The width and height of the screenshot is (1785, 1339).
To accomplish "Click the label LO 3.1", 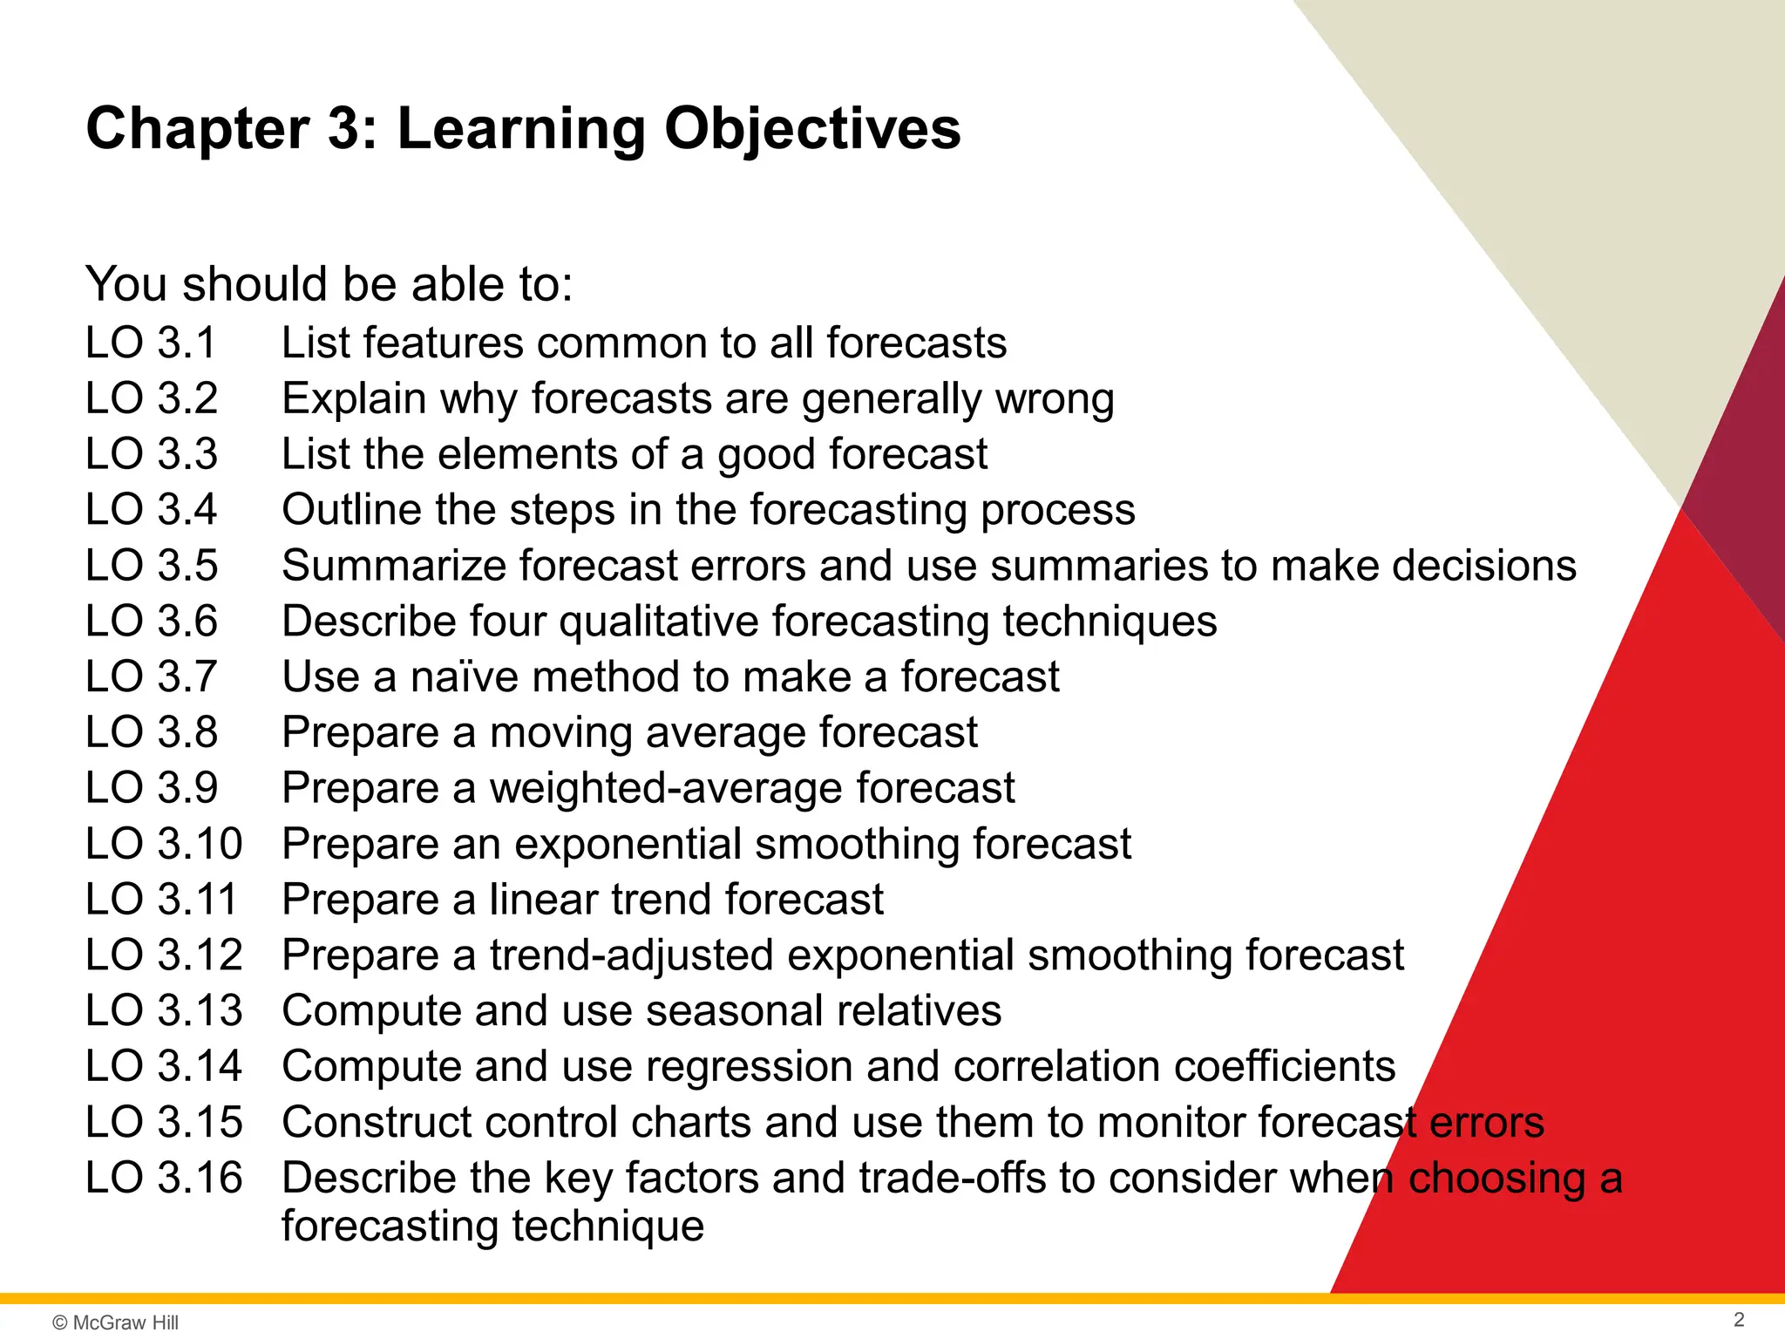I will click(151, 343).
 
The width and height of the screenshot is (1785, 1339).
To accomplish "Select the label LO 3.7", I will click(151, 676).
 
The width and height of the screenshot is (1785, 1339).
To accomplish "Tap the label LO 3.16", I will click(164, 1177).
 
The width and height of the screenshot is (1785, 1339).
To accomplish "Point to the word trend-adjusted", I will click(631, 955).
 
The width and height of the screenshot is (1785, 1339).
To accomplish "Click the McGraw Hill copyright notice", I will click(115, 1322).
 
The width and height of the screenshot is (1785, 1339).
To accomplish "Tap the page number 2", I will click(1739, 1319).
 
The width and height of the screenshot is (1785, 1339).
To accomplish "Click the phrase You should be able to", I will click(329, 284).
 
